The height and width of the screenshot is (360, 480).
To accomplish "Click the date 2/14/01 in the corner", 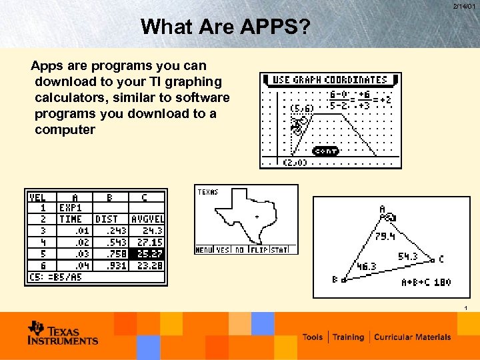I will coord(464,6).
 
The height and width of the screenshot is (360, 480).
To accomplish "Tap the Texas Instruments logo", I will coord(63,333).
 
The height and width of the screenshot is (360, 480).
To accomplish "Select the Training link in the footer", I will coord(348,337).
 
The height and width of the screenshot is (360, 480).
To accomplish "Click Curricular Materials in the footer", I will coord(412,337).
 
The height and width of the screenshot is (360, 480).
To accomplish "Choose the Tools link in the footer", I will coord(313,337).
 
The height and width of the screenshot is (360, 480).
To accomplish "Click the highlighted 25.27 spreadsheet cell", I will coord(147,253).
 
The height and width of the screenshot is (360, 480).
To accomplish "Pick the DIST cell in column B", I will coord(107,219).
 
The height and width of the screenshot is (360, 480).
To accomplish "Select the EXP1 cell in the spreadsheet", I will coord(71,208).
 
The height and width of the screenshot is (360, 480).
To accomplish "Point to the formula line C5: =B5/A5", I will coord(57,277).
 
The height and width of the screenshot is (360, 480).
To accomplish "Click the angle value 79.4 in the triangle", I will coord(385,236).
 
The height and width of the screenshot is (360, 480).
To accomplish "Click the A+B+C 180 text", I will coord(425,282).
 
